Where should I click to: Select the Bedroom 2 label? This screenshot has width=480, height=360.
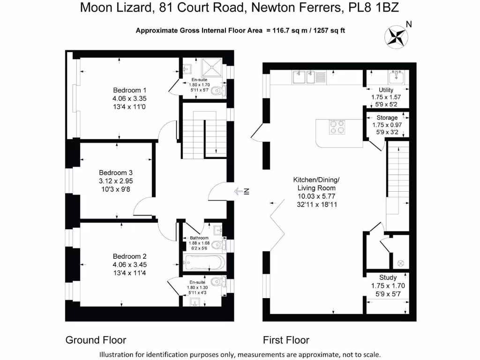[x=129, y=256]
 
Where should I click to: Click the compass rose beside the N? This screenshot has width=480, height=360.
[x=397, y=36]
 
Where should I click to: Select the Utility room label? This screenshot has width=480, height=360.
[x=386, y=90]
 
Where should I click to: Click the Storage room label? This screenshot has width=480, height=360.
[x=387, y=118]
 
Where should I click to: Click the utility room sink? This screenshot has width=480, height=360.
[x=397, y=75]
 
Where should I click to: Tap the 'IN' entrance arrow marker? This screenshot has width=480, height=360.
[x=243, y=191]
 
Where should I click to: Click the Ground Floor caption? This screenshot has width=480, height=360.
[x=96, y=340]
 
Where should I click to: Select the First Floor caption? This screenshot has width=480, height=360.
[x=286, y=340]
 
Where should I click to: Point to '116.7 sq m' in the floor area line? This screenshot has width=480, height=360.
[x=290, y=31]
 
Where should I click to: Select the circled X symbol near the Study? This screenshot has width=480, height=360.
[x=400, y=262]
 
